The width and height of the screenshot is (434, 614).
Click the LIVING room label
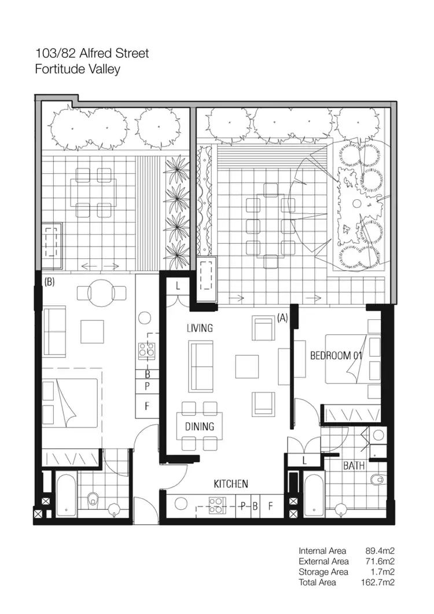click(200, 328)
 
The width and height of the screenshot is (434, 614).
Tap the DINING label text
click(200, 427)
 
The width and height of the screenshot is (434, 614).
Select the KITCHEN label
click(231, 484)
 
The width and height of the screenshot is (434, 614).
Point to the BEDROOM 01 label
click(336, 356)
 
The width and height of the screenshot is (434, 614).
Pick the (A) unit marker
click(282, 318)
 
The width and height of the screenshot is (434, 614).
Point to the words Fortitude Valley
click(78, 69)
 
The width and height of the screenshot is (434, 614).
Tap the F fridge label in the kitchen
click(270, 506)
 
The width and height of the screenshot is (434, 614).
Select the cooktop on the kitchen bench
click(217, 506)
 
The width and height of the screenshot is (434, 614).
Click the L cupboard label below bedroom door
click(304, 460)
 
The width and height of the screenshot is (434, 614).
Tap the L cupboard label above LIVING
click(178, 286)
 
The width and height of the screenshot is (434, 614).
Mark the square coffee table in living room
click(247, 366)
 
